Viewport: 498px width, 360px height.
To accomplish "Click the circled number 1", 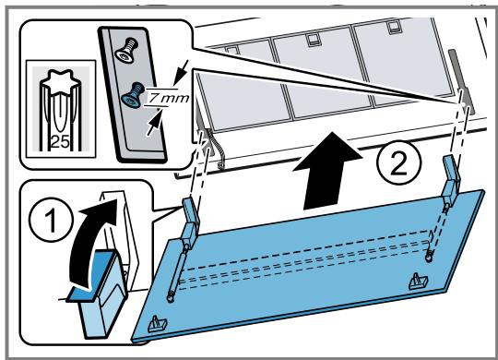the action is (51, 220).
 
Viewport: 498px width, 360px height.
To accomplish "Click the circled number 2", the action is (399, 162).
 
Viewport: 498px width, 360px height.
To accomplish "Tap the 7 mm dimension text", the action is (169, 98).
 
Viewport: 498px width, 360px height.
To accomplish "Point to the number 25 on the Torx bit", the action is (60, 141).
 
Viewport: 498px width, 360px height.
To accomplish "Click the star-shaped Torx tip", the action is (60, 81).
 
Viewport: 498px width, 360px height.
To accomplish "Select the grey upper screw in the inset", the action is (126, 50).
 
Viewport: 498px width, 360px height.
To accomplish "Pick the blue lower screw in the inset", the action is (133, 95).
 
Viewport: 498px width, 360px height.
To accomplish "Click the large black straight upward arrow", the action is (328, 170).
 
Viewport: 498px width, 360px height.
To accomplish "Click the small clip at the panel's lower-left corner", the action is (158, 324).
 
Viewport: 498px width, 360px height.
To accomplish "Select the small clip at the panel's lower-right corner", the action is (419, 282).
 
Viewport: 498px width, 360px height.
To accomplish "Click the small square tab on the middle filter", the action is (312, 40).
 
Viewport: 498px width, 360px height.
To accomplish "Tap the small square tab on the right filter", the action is (394, 27).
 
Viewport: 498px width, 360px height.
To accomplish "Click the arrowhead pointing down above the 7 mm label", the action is (180, 78).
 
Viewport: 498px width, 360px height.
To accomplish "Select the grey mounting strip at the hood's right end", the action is (461, 82).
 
